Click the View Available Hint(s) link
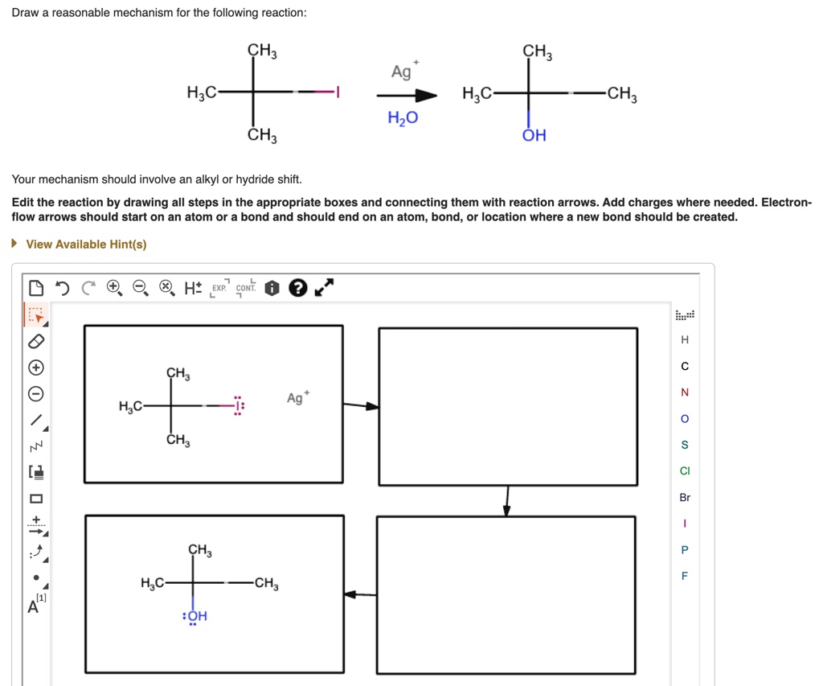tap(86, 244)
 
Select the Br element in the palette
tap(685, 498)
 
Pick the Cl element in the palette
tap(685, 471)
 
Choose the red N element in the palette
tap(685, 392)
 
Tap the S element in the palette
tap(685, 445)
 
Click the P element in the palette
tap(685, 550)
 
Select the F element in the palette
tap(685, 576)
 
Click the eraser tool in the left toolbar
tap(35, 342)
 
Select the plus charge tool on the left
tap(35, 368)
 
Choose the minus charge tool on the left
tap(35, 395)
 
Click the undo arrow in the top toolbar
tap(62, 287)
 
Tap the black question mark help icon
tap(297, 287)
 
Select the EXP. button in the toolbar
tap(219, 288)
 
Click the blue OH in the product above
tap(534, 136)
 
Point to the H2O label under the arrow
tap(403, 119)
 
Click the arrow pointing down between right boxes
tap(507, 500)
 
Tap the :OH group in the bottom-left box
tap(196, 617)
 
